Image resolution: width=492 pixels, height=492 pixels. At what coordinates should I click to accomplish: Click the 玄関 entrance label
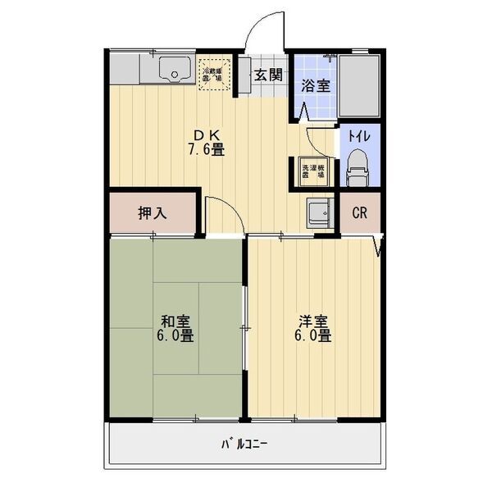tap(267, 75)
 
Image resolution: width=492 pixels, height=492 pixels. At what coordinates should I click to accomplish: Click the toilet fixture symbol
tap(358, 169)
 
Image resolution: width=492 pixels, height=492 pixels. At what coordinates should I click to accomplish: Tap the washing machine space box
tap(312, 170)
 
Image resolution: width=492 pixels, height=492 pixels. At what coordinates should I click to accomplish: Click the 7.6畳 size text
tap(207, 150)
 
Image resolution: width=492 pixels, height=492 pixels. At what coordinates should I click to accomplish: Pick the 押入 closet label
tap(152, 213)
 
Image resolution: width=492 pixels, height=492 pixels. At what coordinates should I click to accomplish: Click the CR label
tap(359, 213)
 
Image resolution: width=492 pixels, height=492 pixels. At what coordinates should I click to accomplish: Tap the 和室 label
tap(175, 321)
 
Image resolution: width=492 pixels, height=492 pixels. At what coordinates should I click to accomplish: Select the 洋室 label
tap(314, 321)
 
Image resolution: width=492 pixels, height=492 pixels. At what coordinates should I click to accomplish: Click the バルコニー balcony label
tap(244, 445)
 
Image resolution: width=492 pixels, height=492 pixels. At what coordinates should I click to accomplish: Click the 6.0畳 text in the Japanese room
tap(175, 336)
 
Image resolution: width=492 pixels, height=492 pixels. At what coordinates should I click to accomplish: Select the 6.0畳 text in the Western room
tap(314, 336)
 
